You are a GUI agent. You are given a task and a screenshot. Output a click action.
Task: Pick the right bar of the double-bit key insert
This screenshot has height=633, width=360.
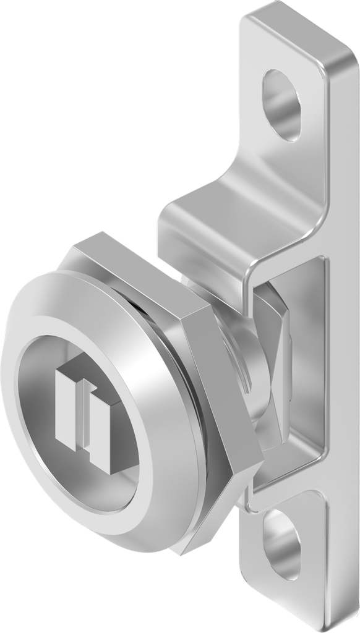98,426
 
